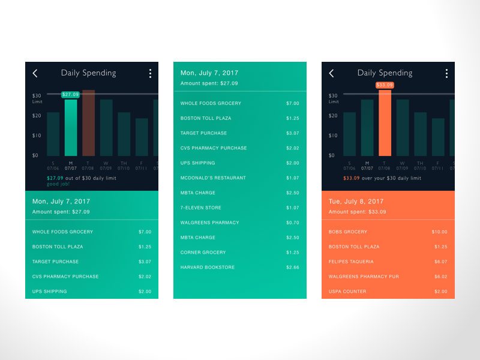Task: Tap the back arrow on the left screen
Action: (35, 73)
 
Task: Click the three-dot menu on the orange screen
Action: (446, 73)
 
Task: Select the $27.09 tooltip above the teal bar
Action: (71, 94)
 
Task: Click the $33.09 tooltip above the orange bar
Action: (385, 85)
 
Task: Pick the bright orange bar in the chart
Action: (385, 123)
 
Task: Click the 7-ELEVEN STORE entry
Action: (201, 208)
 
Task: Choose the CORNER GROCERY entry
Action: (203, 253)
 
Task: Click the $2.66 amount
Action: (292, 267)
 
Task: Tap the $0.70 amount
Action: (292, 223)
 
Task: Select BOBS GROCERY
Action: (348, 232)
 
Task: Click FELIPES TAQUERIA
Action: (351, 262)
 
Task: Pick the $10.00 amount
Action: (439, 232)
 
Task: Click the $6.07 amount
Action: (440, 262)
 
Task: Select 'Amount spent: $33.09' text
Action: (358, 212)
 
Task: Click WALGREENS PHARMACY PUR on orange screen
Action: (364, 277)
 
